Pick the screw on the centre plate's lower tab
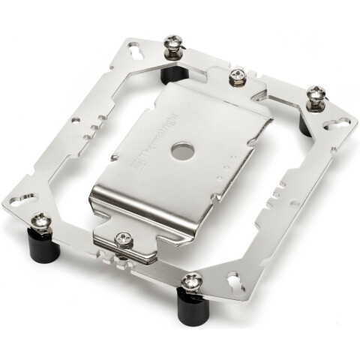[121, 240]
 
